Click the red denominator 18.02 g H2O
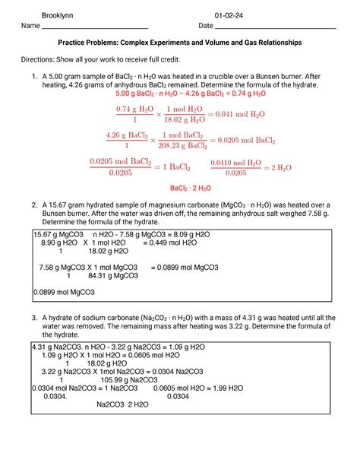[x=177, y=119]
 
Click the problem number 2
[x=33, y=205]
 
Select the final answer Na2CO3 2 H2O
[x=122, y=404]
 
